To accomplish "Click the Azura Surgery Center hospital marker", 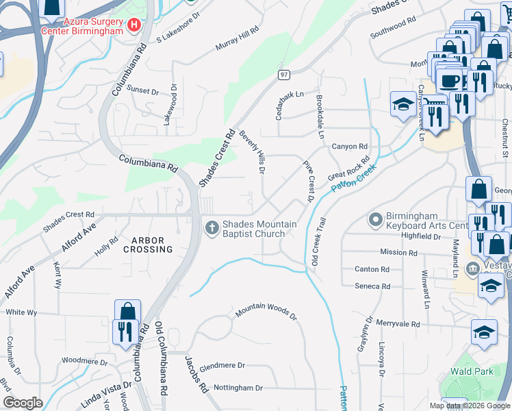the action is pos(134,25).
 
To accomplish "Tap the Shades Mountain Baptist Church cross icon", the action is pos(212,227).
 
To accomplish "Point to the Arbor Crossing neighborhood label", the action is pos(148,245).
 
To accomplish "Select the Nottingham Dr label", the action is pos(238,388).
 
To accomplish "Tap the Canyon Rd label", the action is pos(350,147).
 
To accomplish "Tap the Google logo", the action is pos(23,403).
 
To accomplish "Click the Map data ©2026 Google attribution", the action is pos(469,406).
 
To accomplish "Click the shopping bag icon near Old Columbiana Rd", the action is pos(127,312).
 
